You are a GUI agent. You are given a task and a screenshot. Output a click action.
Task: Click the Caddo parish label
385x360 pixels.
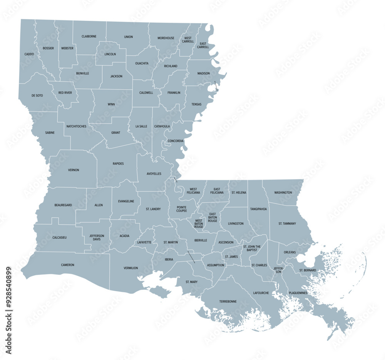click(29, 54)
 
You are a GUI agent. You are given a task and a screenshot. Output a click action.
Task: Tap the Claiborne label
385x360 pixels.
click(89, 37)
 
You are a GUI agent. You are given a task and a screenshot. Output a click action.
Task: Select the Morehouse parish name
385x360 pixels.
click(166, 38)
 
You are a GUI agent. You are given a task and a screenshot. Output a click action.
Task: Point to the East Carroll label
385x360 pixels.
click(203, 45)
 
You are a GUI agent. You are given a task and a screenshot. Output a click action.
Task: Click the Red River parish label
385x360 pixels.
click(65, 93)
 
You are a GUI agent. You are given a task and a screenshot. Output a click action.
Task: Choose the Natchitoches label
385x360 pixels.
click(76, 126)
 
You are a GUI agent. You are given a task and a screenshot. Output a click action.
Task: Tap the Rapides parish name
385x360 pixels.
click(118, 163)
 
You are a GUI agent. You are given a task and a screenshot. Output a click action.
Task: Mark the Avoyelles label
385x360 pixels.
click(154, 173)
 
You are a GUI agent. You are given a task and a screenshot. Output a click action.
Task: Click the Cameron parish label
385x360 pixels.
click(68, 265)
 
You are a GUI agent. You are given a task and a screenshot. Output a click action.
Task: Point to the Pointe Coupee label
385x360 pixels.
click(182, 209)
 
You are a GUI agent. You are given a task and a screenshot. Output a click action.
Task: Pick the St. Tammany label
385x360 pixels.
click(287, 223)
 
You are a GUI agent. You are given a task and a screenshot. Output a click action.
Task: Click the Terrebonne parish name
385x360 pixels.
click(228, 301)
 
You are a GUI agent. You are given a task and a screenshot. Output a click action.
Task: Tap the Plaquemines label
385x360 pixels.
click(298, 293)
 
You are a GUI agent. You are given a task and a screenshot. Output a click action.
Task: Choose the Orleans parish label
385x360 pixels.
click(290, 252)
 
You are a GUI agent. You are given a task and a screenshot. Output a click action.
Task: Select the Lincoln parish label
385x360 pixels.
click(110, 54)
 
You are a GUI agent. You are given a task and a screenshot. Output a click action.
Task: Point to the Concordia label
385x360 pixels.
click(176, 141)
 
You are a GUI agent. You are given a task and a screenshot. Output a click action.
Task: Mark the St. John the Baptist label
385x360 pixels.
click(252, 248)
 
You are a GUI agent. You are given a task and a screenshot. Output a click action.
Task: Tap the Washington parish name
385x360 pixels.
click(283, 192)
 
